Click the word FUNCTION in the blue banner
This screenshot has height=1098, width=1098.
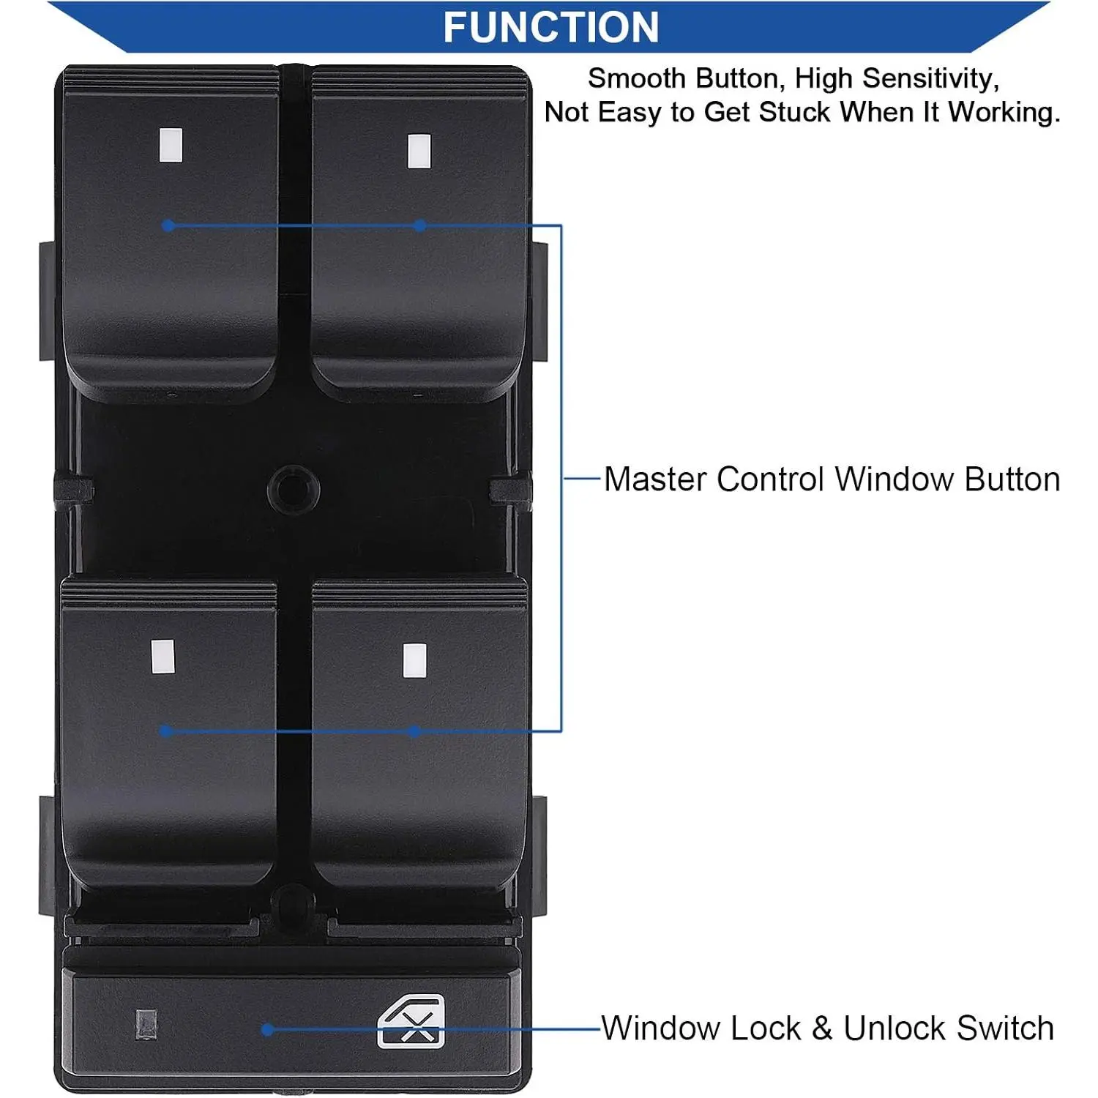[550, 27]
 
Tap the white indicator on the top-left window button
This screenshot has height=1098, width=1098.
[171, 145]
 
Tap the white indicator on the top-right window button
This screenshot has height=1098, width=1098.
[419, 151]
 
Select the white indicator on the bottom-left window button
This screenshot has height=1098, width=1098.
[163, 657]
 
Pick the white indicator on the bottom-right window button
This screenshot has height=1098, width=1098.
[415, 661]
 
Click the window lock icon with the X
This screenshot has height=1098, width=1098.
[411, 1021]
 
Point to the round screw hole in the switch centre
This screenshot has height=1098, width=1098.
[294, 488]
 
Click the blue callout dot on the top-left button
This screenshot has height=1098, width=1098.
[168, 225]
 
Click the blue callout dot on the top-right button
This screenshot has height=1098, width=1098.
[419, 225]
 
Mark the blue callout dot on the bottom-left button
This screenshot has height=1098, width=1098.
[165, 731]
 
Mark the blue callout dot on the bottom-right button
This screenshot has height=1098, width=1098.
[414, 731]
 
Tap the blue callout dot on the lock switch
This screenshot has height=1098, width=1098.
[268, 1029]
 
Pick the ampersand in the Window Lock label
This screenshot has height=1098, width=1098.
[822, 1028]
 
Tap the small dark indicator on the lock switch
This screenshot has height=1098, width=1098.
[146, 1025]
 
